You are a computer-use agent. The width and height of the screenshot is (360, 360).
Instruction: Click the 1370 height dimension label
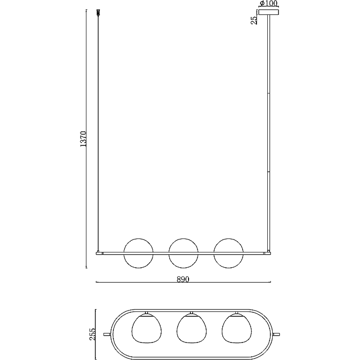tap(83, 139)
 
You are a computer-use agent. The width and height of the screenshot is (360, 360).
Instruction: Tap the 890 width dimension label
tap(183, 279)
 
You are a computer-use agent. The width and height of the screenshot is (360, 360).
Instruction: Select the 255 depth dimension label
tap(93, 334)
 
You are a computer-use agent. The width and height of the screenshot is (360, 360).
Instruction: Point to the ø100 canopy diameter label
tap(269, 4)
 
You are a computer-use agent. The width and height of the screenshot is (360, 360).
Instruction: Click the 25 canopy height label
tap(254, 20)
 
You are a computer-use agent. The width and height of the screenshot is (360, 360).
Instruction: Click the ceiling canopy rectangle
tap(269, 12)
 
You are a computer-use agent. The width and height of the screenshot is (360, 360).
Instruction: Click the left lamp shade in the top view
tap(147, 328)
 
